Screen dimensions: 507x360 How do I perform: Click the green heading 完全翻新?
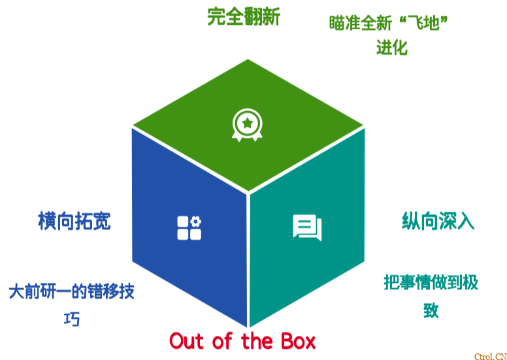pyautogui.click(x=243, y=16)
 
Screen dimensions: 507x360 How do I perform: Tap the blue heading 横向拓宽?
pyautogui.click(x=74, y=221)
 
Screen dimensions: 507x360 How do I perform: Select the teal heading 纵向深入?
pyautogui.click(x=438, y=221)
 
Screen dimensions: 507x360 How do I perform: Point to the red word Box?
pyautogui.click(x=297, y=341)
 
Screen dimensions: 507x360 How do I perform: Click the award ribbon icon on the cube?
pyautogui.click(x=247, y=125)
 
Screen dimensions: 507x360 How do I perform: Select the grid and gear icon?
pyautogui.click(x=189, y=228)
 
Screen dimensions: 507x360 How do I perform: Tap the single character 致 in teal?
pyautogui.click(x=431, y=310)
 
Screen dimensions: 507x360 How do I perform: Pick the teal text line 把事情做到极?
pyautogui.click(x=431, y=282)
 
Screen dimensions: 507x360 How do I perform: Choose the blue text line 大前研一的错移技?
pyautogui.click(x=72, y=291)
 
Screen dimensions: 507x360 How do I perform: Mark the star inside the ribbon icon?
pyautogui.click(x=247, y=122)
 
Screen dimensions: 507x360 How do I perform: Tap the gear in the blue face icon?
pyautogui.click(x=195, y=221)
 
